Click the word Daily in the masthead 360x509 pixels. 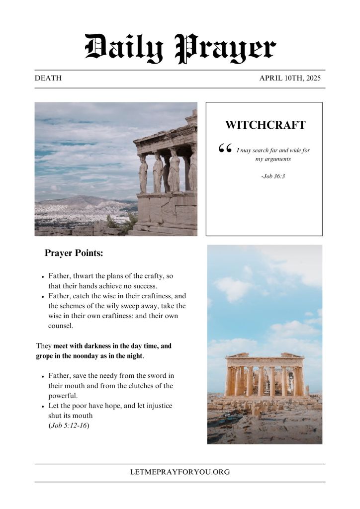point(124,49)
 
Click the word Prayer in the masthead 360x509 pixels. point(226,49)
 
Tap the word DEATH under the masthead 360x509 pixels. point(48,78)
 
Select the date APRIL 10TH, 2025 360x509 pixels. point(290,78)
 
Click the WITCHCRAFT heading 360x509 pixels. point(265,125)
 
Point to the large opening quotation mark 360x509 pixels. point(225,149)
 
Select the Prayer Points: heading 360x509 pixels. point(74,253)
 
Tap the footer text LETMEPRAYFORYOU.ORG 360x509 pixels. point(180,472)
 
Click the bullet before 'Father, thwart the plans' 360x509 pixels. point(44,276)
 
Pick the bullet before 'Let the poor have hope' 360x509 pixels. point(44,407)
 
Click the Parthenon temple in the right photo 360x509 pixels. point(265,375)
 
